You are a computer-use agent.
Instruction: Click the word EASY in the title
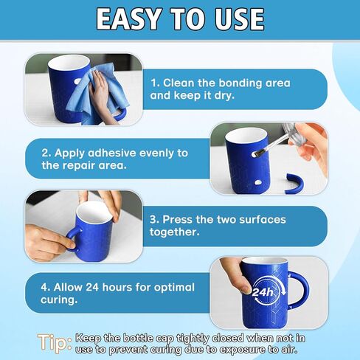click(x=128, y=19)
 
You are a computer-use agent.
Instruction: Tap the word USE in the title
click(x=239, y=19)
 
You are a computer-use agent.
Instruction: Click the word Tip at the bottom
click(x=55, y=343)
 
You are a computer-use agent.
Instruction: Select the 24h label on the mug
click(x=263, y=292)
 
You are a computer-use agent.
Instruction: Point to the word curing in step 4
click(x=58, y=300)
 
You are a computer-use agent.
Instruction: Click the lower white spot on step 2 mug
click(x=258, y=182)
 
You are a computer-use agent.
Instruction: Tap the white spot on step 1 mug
click(x=78, y=81)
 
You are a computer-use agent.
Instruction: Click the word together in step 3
click(x=175, y=232)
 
